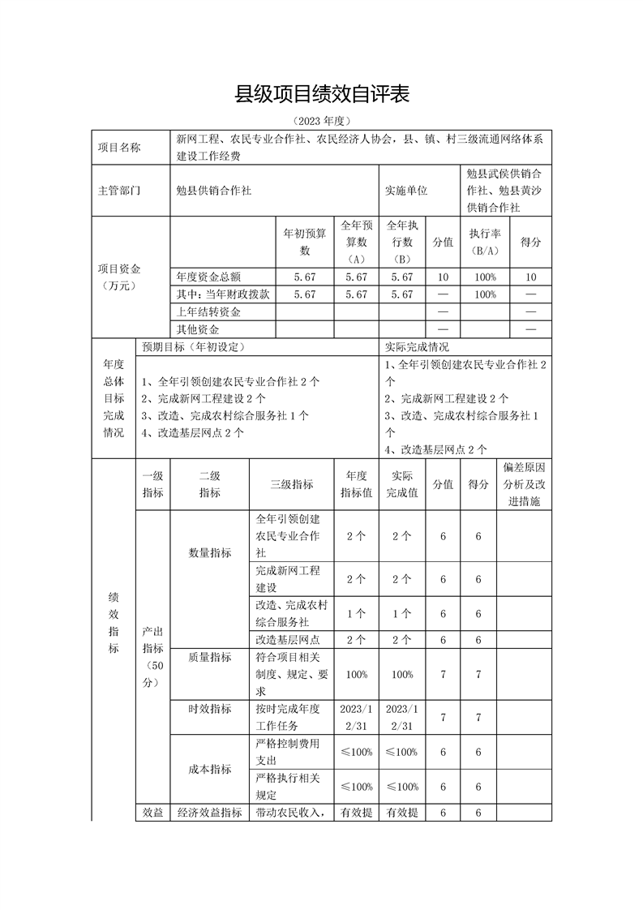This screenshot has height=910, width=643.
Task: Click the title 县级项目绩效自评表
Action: click(x=322, y=95)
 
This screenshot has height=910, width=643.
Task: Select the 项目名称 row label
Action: click(x=118, y=148)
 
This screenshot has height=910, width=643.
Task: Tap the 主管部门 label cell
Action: click(x=118, y=191)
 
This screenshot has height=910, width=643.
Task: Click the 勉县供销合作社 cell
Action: click(x=214, y=191)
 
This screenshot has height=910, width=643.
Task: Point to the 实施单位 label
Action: click(x=406, y=191)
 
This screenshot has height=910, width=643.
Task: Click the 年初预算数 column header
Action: click(x=305, y=241)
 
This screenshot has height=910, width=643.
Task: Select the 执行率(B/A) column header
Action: click(x=484, y=241)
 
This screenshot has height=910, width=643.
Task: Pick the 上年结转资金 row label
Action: click(x=209, y=312)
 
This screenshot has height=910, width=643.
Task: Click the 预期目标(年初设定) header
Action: click(x=194, y=346)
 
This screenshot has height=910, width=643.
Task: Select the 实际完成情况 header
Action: click(x=417, y=346)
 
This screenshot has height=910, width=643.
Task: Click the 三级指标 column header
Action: click(x=292, y=484)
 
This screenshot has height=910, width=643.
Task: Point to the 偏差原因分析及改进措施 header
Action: click(x=524, y=484)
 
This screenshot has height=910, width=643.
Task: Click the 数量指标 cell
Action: click(x=210, y=552)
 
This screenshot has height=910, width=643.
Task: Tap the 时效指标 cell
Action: click(x=210, y=708)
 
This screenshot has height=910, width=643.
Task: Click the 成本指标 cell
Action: click(x=210, y=769)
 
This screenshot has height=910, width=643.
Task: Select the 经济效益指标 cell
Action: click(x=210, y=812)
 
